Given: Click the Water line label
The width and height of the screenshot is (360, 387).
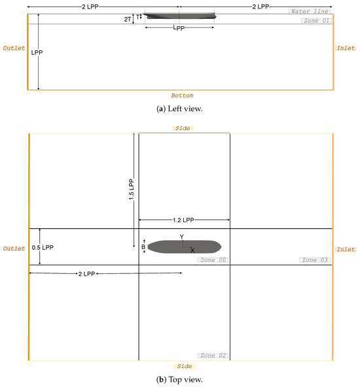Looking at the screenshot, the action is point(310,11).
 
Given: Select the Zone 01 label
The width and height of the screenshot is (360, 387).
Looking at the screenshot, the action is point(316,21).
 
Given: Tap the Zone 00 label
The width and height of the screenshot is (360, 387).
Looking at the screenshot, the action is point(213,260).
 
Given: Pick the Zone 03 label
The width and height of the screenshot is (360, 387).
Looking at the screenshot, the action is point(315,260).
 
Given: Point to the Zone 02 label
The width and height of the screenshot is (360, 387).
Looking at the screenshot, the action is point(213,356).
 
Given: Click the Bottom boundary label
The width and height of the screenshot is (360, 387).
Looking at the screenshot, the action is point(183,95).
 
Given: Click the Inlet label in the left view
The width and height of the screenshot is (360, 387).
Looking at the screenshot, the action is point(346,48).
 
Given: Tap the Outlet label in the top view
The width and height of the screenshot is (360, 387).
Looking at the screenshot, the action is point(14,249).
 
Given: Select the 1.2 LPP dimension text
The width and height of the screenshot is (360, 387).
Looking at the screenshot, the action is point(183,220).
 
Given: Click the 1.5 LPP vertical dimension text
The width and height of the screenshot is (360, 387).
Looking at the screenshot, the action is point(131,190).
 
